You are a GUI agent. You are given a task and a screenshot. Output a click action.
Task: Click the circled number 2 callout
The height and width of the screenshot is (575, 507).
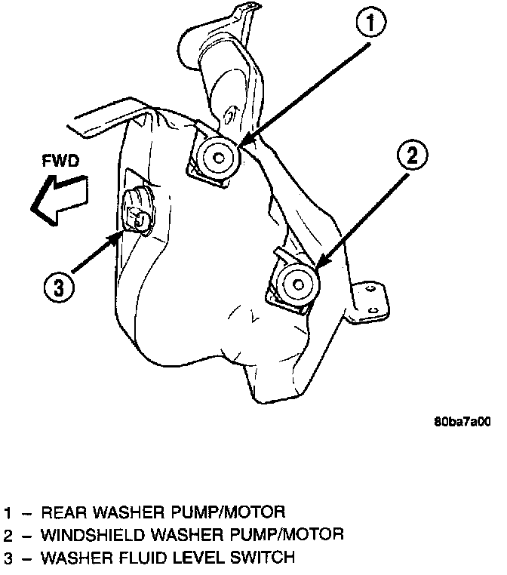click(x=411, y=158)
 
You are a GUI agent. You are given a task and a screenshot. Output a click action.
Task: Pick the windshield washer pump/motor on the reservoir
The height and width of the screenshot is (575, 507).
click(x=297, y=284)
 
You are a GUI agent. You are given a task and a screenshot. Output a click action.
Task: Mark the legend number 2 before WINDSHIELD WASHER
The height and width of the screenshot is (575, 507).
click(x=7, y=536)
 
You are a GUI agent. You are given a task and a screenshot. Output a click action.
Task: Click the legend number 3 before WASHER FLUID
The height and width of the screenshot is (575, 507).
click(x=7, y=559)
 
